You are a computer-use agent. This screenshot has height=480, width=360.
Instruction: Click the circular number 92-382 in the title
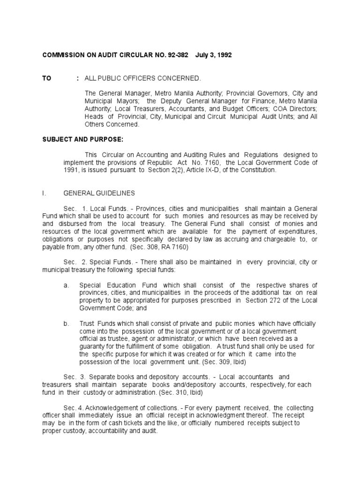pyautogui.click(x=177, y=55)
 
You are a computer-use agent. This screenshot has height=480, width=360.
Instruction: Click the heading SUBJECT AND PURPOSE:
pyautogui.click(x=77, y=140)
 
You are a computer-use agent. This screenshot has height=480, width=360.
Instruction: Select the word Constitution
pyautogui.click(x=256, y=170)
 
